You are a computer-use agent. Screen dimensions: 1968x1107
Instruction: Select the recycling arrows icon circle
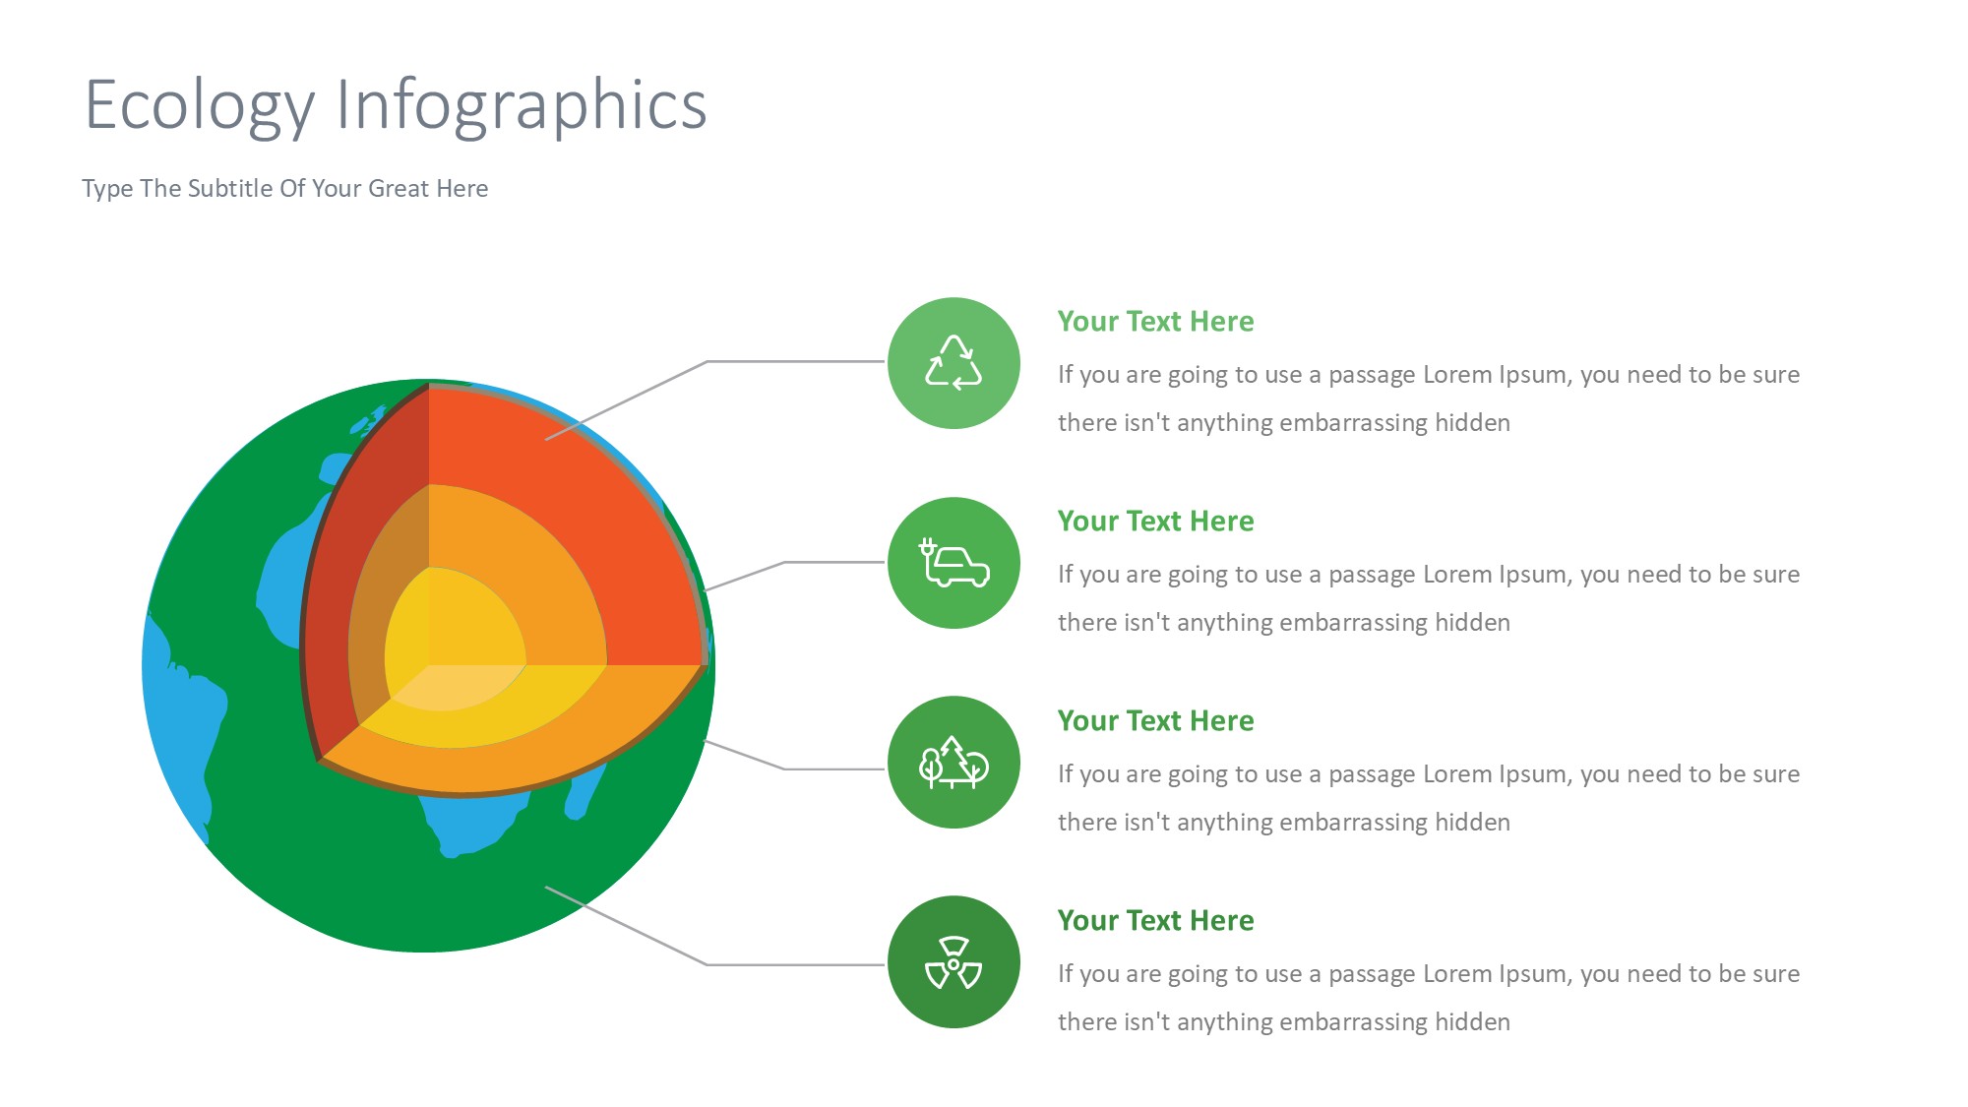click(953, 363)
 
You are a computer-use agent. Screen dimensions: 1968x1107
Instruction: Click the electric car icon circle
click(953, 563)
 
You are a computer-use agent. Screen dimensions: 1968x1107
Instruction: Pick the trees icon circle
click(953, 763)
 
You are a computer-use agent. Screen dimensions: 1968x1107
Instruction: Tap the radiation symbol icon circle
click(953, 962)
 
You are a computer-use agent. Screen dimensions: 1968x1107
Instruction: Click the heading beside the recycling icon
click(1155, 322)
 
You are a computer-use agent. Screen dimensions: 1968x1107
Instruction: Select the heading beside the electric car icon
click(1155, 522)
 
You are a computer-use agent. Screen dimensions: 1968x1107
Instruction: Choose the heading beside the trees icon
click(1155, 721)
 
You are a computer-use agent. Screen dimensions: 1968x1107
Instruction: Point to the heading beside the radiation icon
click(1155, 921)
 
